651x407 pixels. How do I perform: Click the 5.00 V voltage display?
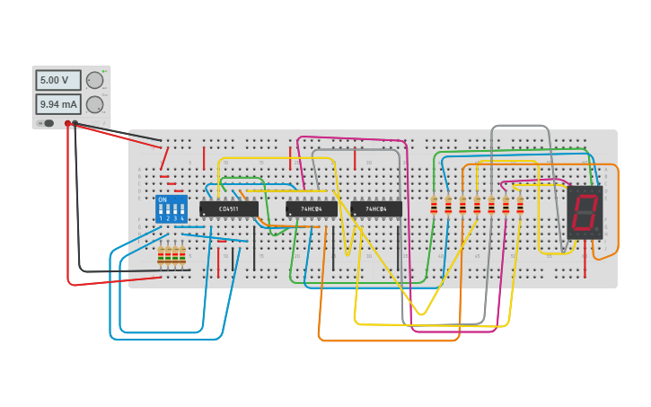pos(57,80)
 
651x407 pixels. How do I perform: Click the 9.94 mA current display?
pos(57,104)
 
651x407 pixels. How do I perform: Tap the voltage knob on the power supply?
pos(94,80)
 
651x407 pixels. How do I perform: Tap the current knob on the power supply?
pos(94,104)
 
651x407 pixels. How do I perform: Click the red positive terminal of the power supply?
pos(67,123)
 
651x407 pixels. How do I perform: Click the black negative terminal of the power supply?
pos(75,123)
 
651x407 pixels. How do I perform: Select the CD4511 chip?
pos(229,209)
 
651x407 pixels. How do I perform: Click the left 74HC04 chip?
pos(312,209)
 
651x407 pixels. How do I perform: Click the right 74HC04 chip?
pos(376,209)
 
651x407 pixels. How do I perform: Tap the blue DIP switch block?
pos(171,209)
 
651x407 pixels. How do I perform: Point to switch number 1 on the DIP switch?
pos(161,212)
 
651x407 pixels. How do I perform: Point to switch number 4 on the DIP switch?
pos(181,212)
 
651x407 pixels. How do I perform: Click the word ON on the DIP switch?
pos(163,199)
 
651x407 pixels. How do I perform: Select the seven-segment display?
pos(585,212)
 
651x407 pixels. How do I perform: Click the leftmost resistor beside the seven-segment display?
pos(434,207)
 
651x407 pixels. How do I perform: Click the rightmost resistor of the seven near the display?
pos(520,207)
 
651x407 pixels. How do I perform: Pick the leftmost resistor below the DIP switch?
pos(162,257)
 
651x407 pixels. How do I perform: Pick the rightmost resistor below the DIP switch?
pos(182,257)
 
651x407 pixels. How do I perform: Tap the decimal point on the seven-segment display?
pos(598,232)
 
